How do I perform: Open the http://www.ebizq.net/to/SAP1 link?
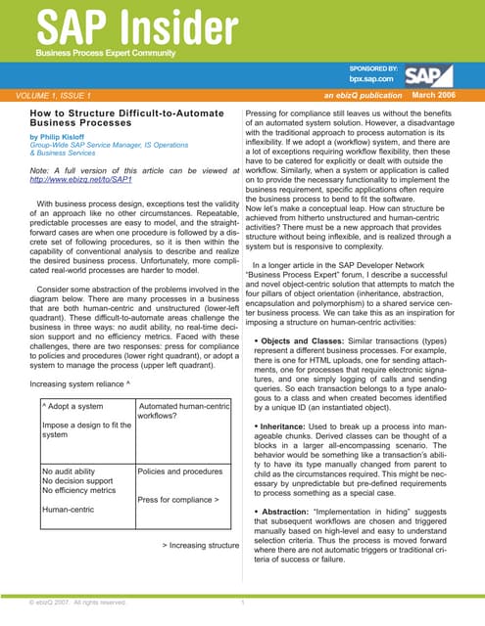click(x=83, y=179)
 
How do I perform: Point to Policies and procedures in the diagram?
click(x=183, y=470)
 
